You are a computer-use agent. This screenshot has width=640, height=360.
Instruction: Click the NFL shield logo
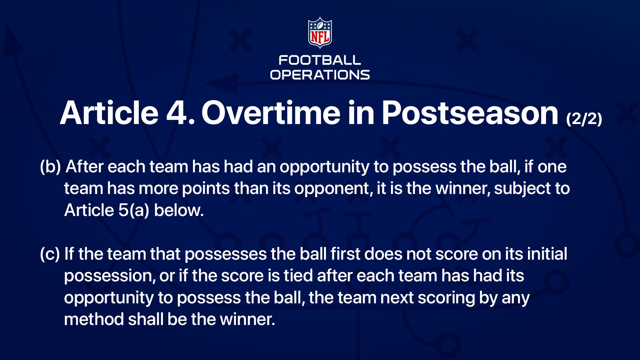[320, 33]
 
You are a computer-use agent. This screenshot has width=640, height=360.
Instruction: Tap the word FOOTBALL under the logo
[320, 60]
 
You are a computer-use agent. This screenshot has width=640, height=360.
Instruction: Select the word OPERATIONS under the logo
[320, 75]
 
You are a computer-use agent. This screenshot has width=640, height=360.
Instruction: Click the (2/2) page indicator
[584, 119]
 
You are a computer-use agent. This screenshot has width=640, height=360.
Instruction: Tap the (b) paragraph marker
[50, 167]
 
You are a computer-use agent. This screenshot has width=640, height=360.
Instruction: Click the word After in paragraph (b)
[85, 166]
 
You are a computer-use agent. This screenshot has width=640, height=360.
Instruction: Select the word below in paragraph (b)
[179, 210]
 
